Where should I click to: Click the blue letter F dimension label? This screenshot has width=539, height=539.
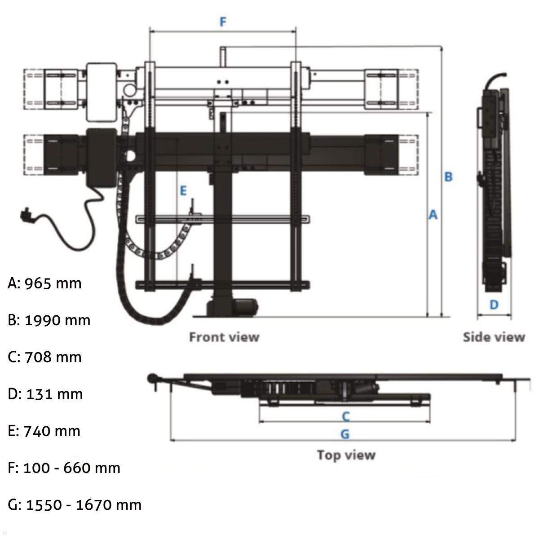(223, 22)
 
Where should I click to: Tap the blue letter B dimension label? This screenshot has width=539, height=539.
(448, 177)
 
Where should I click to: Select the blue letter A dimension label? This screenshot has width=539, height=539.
(433, 215)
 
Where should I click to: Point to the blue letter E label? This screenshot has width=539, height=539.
(183, 191)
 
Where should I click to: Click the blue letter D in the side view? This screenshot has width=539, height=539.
(494, 305)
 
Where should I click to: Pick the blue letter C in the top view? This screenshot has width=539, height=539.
(345, 416)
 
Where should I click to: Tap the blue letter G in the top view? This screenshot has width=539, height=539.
(345, 434)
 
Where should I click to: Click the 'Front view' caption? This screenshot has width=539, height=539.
(224, 337)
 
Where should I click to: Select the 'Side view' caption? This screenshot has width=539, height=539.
(494, 337)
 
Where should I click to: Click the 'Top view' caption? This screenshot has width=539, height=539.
(346, 455)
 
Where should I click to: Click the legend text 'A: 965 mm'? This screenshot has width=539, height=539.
(45, 283)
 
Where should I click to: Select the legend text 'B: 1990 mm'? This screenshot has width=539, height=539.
(49, 320)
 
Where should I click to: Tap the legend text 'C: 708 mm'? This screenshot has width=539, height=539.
(45, 357)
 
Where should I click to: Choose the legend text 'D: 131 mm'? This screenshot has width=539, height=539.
(45, 394)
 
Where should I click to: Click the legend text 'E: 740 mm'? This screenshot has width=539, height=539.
(45, 431)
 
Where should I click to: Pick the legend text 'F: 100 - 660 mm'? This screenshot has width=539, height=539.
(64, 468)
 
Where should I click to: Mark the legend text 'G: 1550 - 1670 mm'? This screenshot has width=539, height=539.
(75, 504)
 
